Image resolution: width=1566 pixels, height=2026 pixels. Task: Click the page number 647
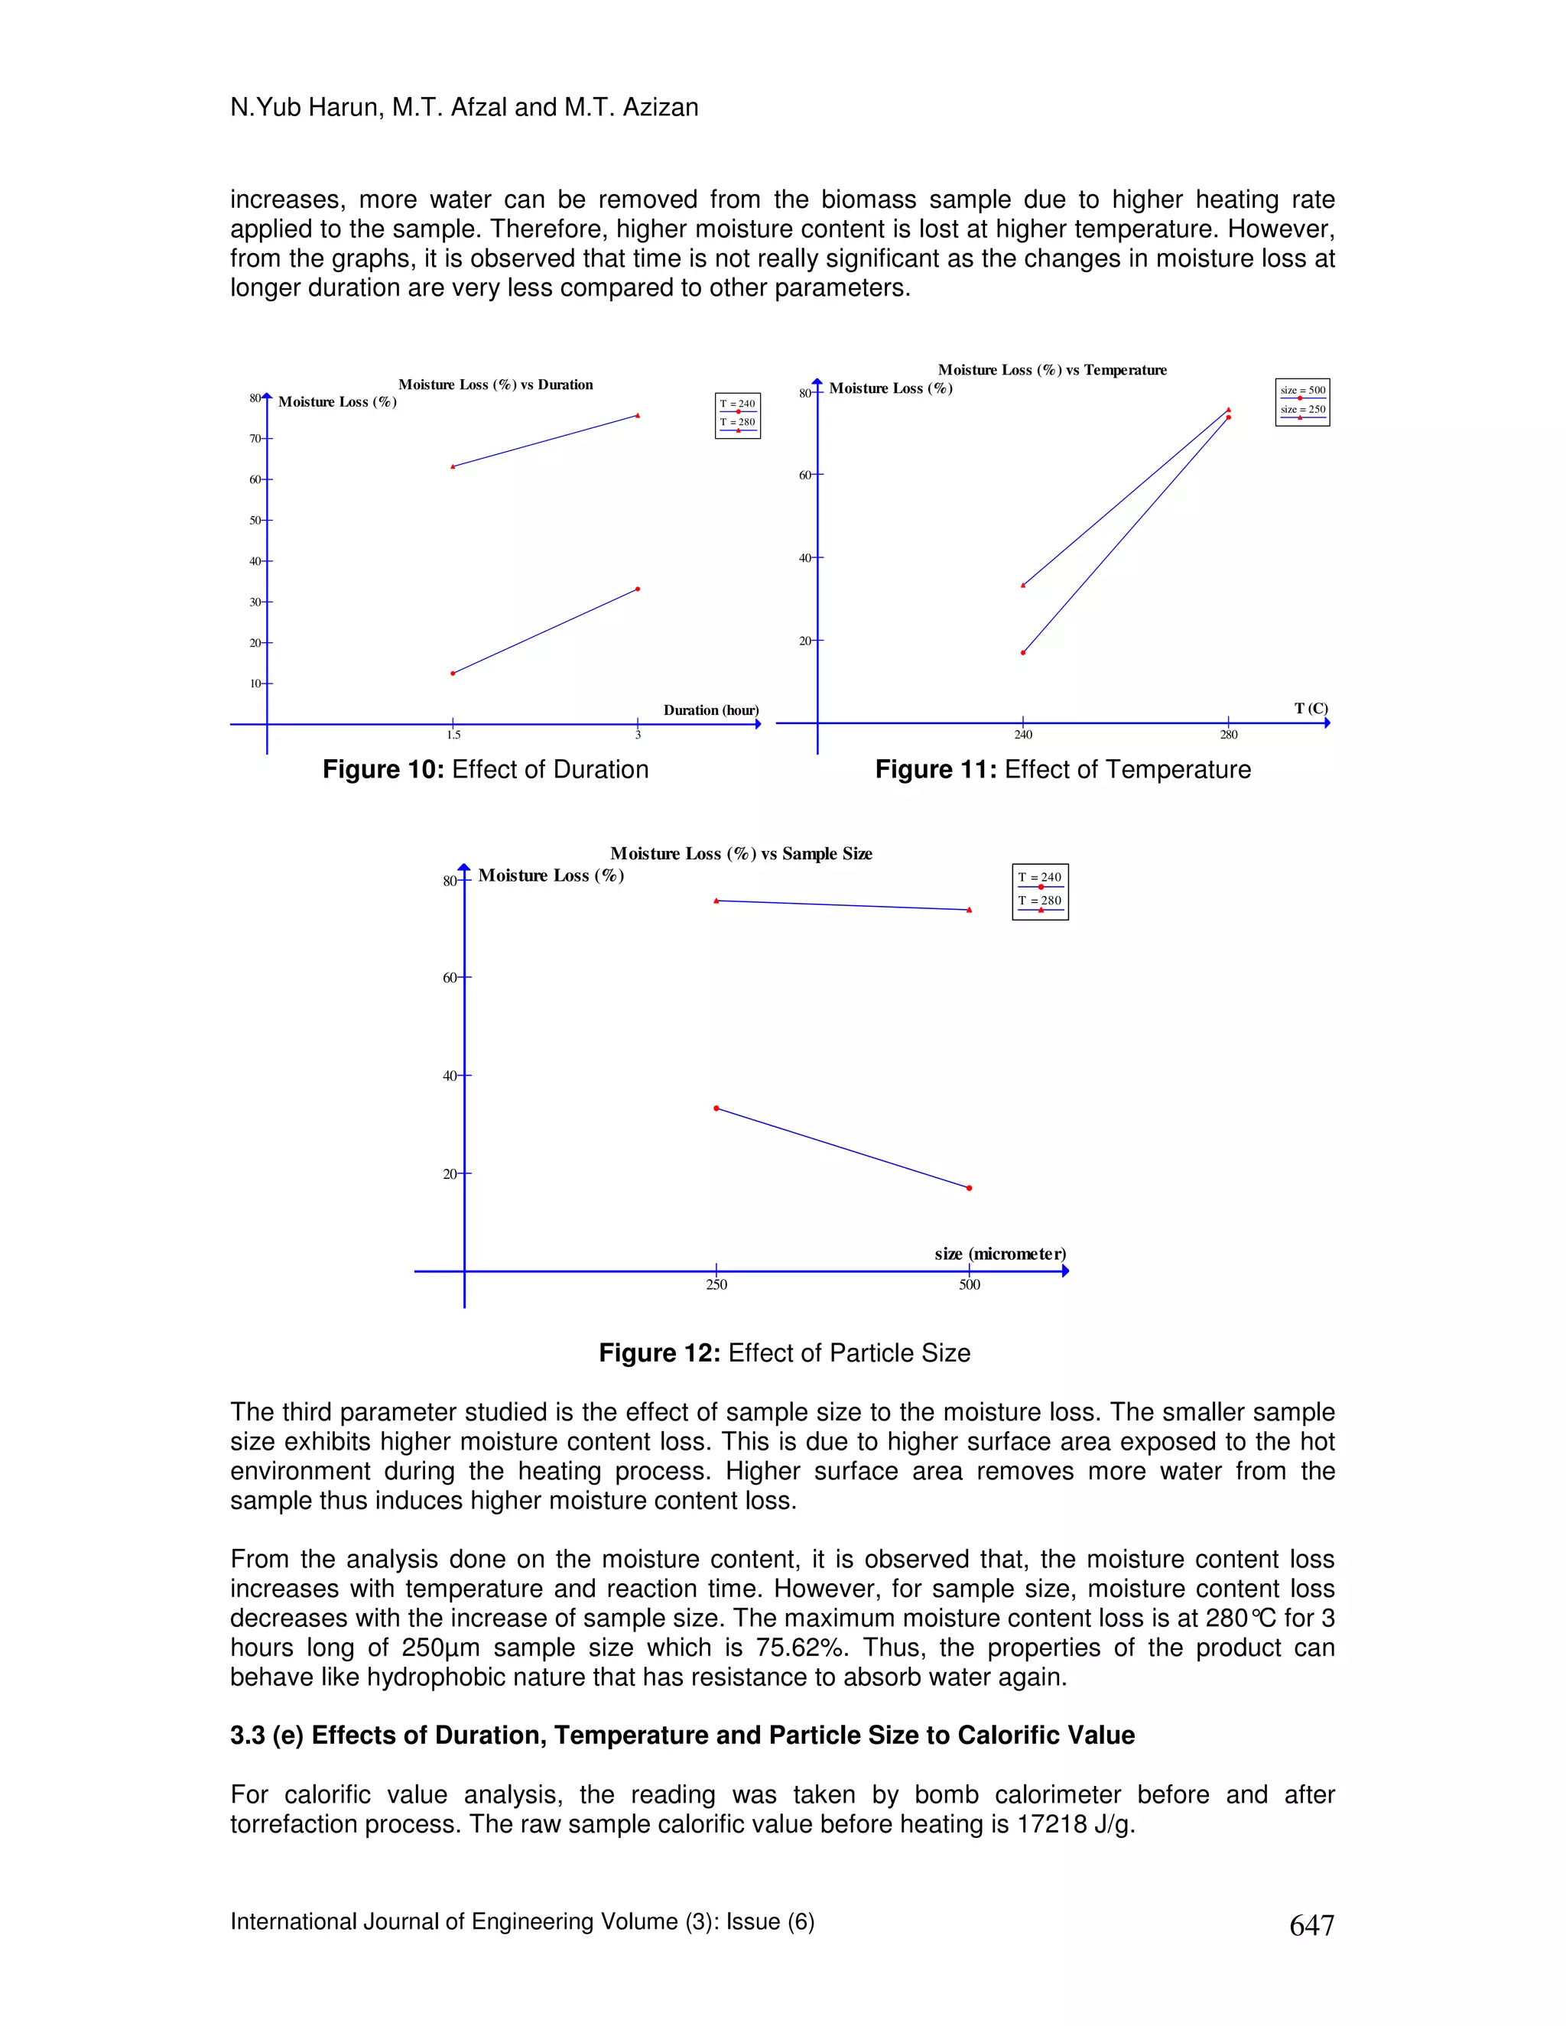pyautogui.click(x=1311, y=1926)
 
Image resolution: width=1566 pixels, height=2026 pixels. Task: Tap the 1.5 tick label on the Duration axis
pyautogui.click(x=453, y=735)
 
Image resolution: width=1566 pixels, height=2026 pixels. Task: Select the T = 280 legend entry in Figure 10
pyautogui.click(x=738, y=423)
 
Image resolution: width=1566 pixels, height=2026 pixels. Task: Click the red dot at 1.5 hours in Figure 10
pyautogui.click(x=453, y=674)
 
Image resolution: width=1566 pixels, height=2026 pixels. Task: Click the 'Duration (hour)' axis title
pyautogui.click(x=710, y=710)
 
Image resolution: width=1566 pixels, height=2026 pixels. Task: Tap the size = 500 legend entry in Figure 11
pyautogui.click(x=1302, y=391)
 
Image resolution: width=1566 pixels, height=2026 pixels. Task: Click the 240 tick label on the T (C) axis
pyautogui.click(x=1022, y=735)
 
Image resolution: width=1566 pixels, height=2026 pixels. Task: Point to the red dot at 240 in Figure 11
pyautogui.click(x=1023, y=653)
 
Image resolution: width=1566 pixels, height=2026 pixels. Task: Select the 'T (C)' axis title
pyautogui.click(x=1311, y=709)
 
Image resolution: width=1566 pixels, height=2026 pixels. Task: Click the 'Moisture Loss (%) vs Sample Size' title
pyautogui.click(x=740, y=853)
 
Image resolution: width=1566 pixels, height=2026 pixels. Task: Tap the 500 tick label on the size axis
pyautogui.click(x=970, y=1285)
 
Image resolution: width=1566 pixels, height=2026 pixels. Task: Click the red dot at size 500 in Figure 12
pyautogui.click(x=970, y=1188)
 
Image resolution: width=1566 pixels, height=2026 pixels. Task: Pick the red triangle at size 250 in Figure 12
pyautogui.click(x=716, y=901)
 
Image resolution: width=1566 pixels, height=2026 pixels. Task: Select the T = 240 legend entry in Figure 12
pyautogui.click(x=1040, y=878)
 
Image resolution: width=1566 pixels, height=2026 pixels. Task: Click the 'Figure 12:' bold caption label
pyautogui.click(x=658, y=1353)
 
